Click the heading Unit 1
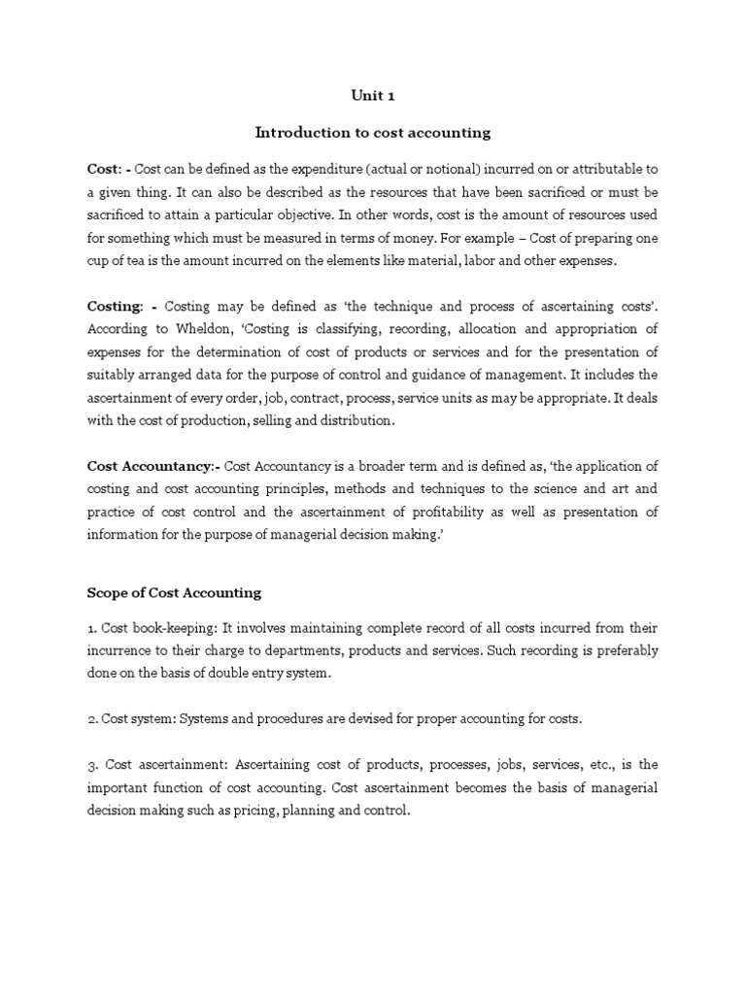pyautogui.click(x=372, y=96)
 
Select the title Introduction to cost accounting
pyautogui.click(x=372, y=131)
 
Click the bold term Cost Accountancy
pyautogui.click(x=152, y=466)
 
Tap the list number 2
pyautogui.click(x=91, y=718)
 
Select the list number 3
pyautogui.click(x=91, y=764)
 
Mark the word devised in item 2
pyautogui.click(x=383, y=718)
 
